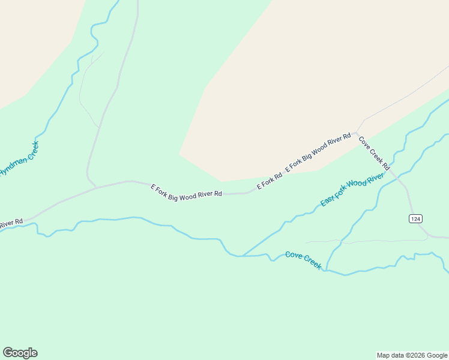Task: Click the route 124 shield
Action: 415,218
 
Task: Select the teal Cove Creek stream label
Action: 304,260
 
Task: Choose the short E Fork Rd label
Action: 270,181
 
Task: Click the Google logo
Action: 20,353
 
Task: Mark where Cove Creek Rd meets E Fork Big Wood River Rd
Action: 356,132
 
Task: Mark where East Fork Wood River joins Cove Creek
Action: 243,256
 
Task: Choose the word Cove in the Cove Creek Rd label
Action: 364,142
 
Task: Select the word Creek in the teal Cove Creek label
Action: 313,262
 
